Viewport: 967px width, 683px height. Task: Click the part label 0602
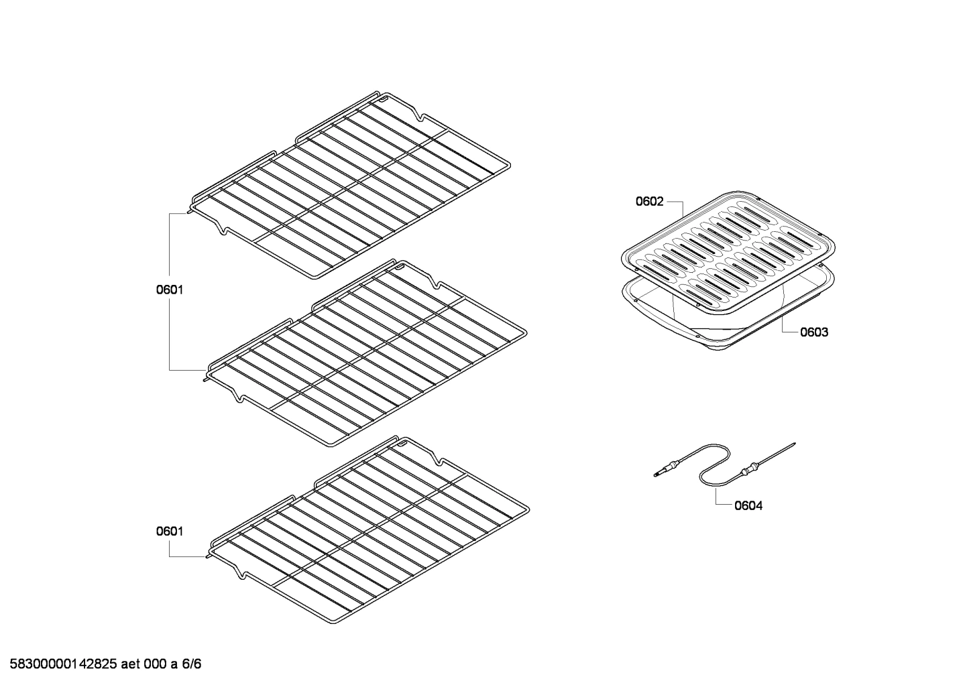point(649,201)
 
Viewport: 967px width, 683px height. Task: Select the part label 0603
point(813,332)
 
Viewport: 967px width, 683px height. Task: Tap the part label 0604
point(748,506)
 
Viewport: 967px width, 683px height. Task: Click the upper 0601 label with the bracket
point(170,290)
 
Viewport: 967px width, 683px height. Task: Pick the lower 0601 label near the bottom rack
point(170,532)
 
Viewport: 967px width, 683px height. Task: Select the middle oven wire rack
point(365,352)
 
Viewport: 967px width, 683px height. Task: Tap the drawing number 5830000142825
point(60,664)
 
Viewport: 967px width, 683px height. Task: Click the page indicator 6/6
point(192,664)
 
